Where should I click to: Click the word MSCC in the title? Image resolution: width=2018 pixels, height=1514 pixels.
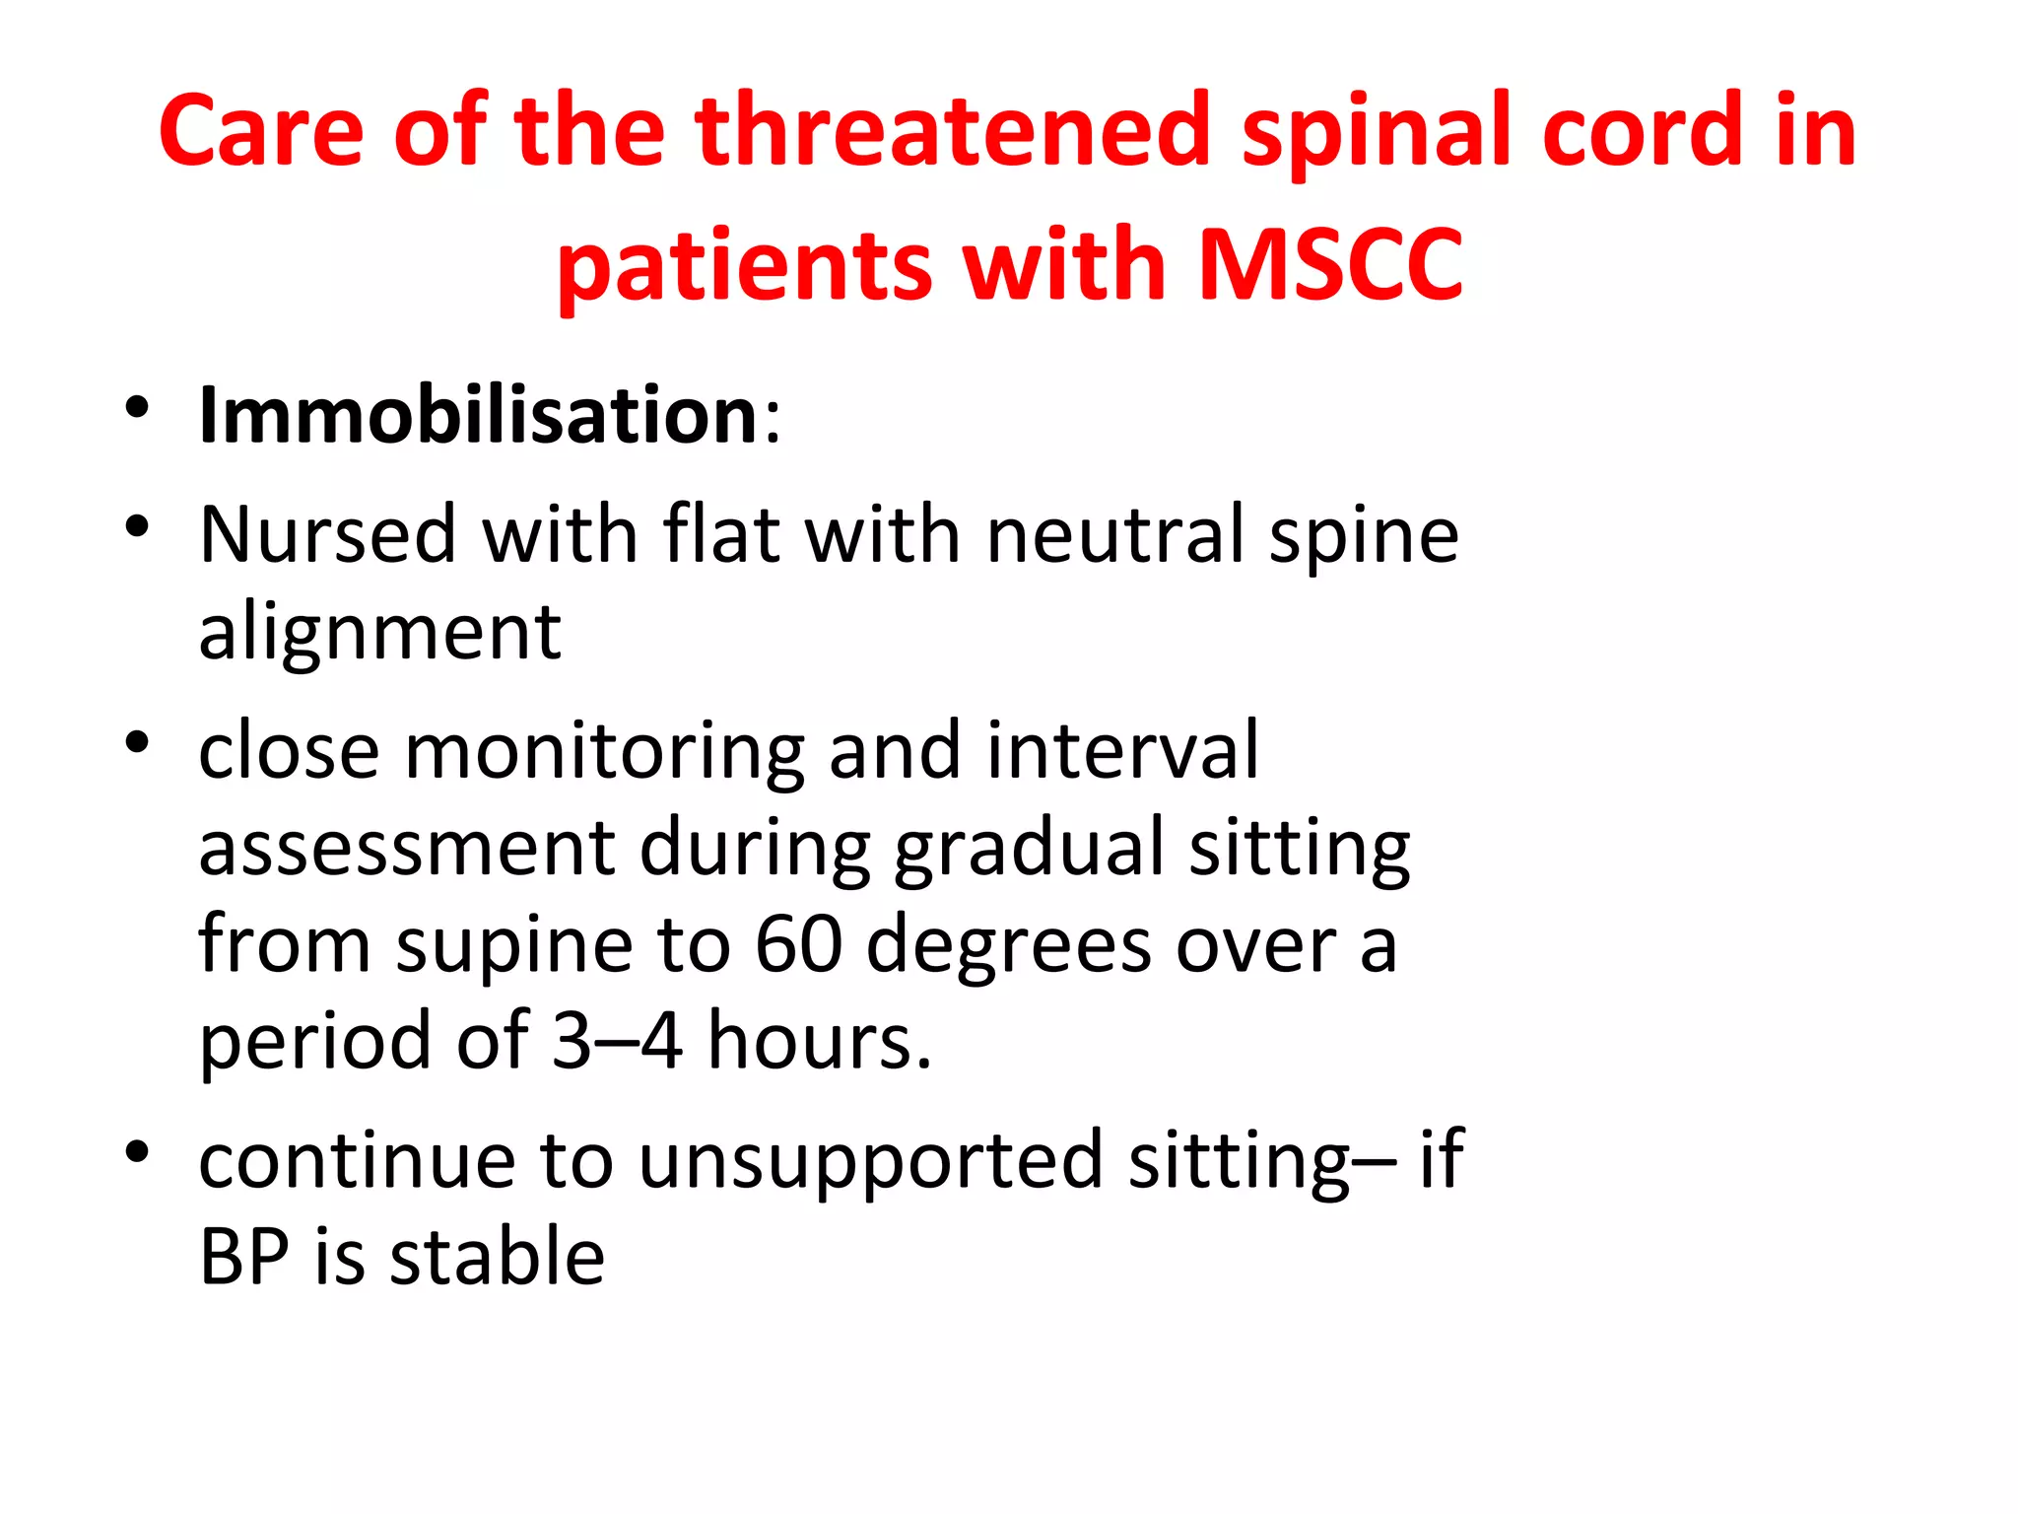[1330, 264]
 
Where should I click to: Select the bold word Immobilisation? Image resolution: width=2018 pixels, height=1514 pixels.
[478, 415]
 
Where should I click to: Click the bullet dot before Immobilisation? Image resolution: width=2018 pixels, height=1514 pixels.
[137, 408]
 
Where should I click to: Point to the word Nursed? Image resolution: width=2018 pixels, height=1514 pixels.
[327, 534]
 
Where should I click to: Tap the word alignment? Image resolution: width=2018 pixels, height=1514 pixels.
[380, 632]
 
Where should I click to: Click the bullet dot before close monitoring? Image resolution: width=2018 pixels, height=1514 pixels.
[137, 742]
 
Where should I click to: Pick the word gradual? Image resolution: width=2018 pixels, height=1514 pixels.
[1029, 848]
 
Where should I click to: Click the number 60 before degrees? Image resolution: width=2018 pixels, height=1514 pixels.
[798, 944]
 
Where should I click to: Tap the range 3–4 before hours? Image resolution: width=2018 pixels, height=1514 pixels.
[617, 1041]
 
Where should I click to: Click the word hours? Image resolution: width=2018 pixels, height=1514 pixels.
[819, 1041]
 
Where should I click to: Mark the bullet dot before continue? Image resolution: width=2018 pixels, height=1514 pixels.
[137, 1151]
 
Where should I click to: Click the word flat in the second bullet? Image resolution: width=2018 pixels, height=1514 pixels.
[721, 534]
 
